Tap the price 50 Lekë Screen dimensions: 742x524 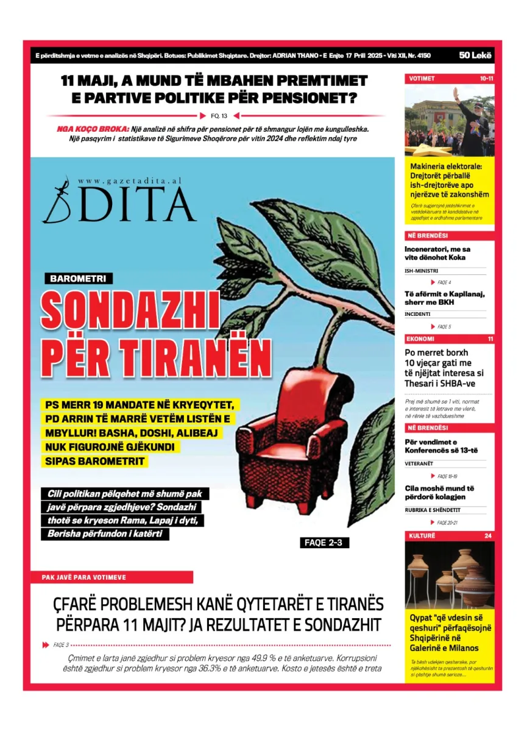coord(476,55)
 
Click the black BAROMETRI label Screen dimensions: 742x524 coord(78,279)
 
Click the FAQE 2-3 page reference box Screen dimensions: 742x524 coord(325,543)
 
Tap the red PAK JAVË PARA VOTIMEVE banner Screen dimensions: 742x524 coord(112,577)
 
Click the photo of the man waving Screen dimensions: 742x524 coord(449,121)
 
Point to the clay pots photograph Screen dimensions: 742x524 coord(449,575)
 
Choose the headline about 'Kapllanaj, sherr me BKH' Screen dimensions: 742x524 coord(444,298)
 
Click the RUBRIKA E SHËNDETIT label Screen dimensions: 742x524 coord(433,510)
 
